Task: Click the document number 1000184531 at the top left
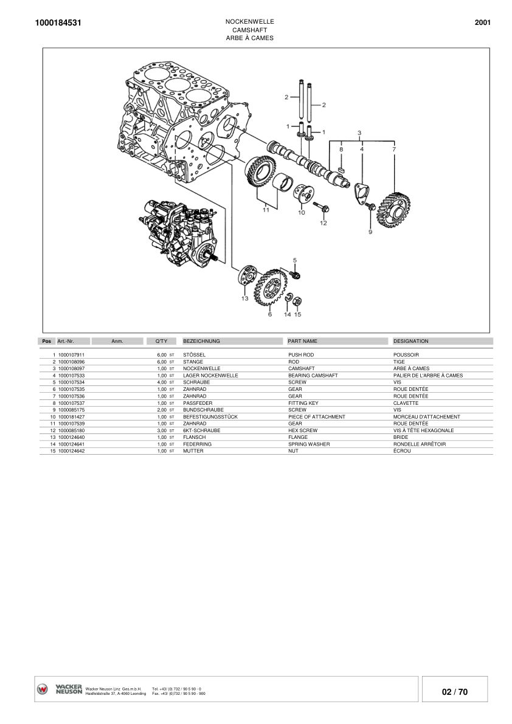click(x=58, y=23)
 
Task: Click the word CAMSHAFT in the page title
click(x=249, y=30)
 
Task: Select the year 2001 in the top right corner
click(x=482, y=23)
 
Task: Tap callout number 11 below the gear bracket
click(x=266, y=210)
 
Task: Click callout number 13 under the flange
click(x=244, y=298)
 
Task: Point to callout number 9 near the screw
click(x=370, y=232)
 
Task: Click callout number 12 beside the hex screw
click(x=323, y=223)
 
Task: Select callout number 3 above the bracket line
click(x=359, y=133)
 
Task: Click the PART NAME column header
click(x=302, y=341)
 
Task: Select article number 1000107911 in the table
click(x=71, y=354)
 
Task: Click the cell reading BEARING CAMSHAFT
click(x=313, y=375)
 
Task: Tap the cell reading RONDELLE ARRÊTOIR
click(x=420, y=444)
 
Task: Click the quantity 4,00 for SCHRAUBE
click(x=162, y=382)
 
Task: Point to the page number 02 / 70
click(x=455, y=692)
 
